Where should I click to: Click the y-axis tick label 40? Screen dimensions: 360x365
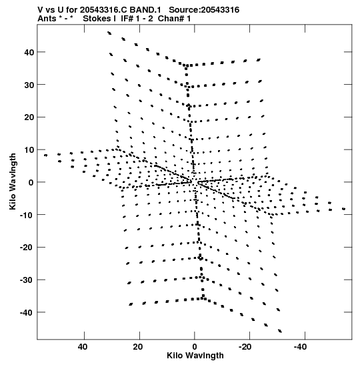point(29,52)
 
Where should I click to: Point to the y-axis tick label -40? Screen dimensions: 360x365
point(27,312)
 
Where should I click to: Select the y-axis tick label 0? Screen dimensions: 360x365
point(31,182)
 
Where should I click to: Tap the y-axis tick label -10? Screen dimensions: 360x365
point(27,215)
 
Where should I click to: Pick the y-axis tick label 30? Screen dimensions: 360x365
point(29,85)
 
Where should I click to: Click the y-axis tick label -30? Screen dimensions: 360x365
point(27,280)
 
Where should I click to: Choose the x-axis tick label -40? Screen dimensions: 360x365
point(300,346)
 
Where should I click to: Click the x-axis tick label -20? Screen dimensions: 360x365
point(245,346)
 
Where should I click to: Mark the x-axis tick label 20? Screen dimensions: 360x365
point(138,346)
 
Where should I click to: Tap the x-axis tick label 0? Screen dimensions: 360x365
point(195,346)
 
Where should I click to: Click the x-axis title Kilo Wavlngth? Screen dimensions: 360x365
point(195,356)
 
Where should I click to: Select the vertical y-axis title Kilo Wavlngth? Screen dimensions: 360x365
point(13,181)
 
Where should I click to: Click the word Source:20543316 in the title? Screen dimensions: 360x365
point(204,10)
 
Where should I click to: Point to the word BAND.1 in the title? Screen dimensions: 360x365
point(145,10)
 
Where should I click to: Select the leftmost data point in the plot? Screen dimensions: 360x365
point(45,155)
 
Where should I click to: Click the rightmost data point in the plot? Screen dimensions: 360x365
point(344,209)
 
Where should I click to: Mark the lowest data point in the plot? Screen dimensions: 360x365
point(280,331)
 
